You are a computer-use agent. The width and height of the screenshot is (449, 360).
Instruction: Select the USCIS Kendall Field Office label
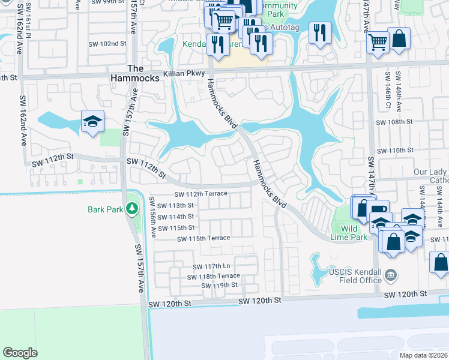click(x=355, y=276)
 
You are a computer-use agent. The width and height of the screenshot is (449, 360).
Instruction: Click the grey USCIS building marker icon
click(x=391, y=275)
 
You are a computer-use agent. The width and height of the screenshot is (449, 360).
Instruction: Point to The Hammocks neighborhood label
click(x=135, y=73)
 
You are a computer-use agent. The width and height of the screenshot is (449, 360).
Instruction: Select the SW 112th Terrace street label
click(x=200, y=194)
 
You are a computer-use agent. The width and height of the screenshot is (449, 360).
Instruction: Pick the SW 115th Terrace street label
click(x=203, y=238)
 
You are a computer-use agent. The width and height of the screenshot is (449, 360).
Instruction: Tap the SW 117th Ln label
click(x=211, y=266)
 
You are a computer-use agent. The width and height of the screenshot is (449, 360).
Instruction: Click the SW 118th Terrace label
click(x=212, y=276)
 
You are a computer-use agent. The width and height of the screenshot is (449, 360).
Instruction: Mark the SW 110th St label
click(x=394, y=150)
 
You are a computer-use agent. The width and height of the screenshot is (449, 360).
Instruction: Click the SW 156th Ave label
click(x=154, y=221)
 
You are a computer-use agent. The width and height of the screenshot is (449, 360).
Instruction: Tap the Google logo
click(x=20, y=353)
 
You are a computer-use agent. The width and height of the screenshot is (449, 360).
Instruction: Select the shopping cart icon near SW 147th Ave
click(x=377, y=43)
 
